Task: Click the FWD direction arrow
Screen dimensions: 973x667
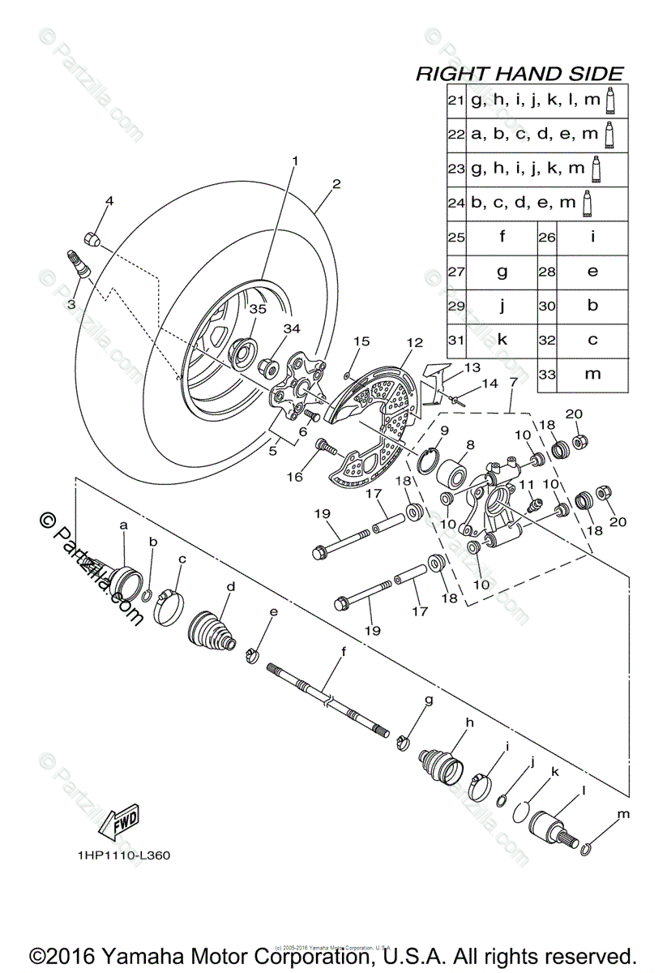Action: [118, 821]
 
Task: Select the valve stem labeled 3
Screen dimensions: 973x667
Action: [79, 264]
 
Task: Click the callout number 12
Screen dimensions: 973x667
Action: [414, 343]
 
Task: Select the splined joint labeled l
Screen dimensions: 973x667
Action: [550, 831]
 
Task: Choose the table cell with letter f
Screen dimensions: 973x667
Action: [502, 238]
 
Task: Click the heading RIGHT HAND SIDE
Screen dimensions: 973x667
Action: [519, 74]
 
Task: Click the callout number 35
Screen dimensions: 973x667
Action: [257, 309]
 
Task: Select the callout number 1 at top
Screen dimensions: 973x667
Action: [295, 161]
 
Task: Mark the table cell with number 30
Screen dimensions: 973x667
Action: [547, 306]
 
